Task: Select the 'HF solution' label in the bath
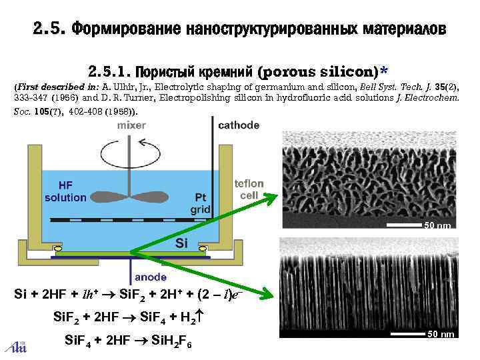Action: click(x=65, y=192)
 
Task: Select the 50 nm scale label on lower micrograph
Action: click(x=441, y=333)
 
